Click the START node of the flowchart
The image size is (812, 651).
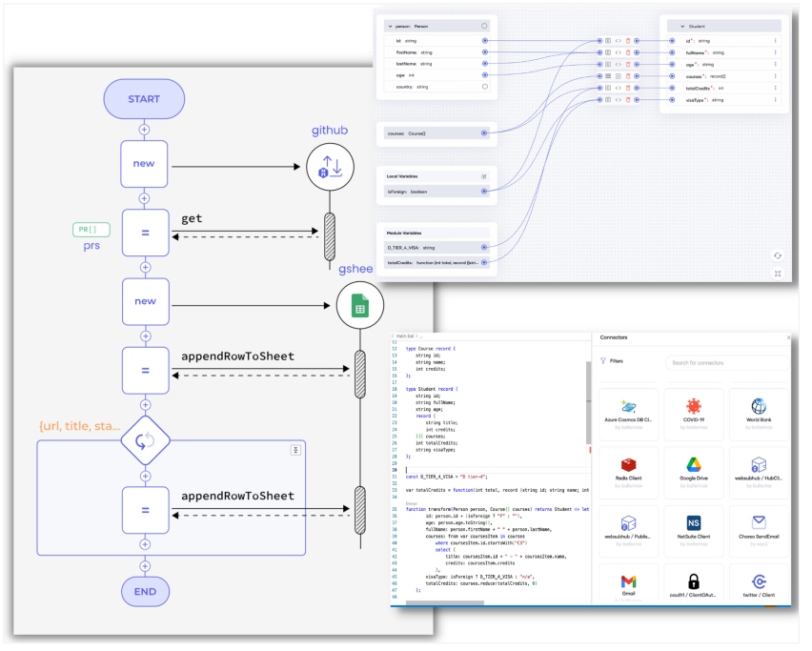[144, 99]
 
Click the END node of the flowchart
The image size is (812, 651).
[145, 591]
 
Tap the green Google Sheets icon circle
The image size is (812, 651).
[360, 304]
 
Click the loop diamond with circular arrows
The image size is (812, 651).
[145, 441]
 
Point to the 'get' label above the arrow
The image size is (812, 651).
[192, 218]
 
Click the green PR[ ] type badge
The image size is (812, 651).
[91, 230]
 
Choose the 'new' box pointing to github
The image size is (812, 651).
[145, 164]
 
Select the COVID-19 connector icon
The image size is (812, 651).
[693, 406]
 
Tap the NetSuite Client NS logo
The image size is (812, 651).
[693, 522]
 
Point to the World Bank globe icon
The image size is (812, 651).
[758, 406]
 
